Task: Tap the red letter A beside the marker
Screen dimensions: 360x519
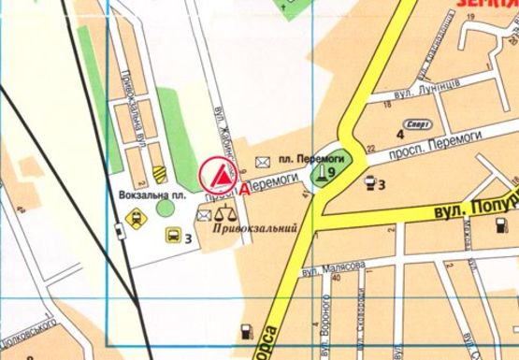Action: (245, 187)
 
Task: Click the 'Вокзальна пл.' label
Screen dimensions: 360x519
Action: (153, 195)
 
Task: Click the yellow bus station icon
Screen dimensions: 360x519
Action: (173, 234)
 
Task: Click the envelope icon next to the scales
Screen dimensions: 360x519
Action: (204, 216)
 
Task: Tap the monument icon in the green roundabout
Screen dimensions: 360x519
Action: (321, 170)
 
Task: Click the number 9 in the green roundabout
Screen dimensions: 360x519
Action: (331, 172)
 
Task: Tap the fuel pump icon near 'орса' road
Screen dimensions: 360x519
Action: (246, 329)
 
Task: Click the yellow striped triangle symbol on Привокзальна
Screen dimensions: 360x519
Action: (159, 173)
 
